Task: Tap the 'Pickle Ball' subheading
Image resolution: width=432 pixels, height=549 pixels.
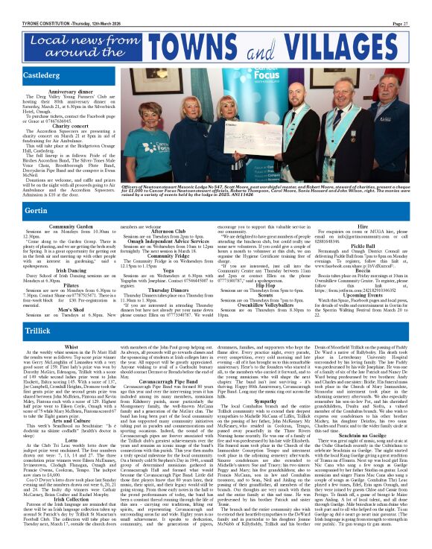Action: (x=364, y=244)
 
